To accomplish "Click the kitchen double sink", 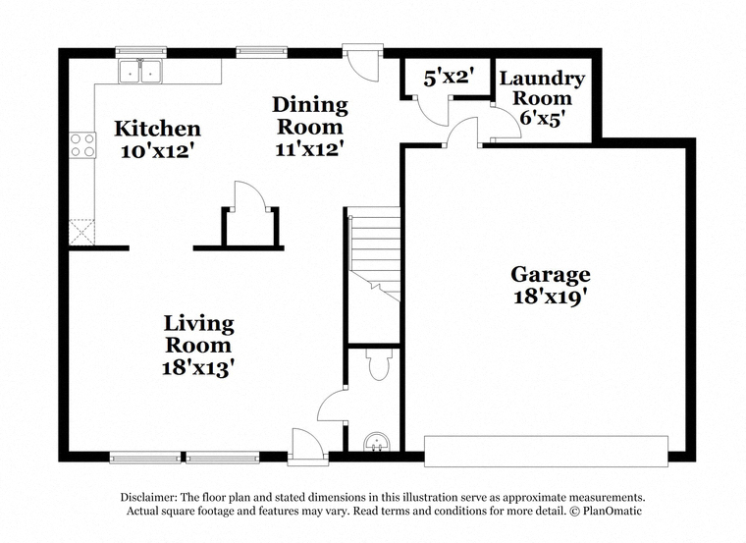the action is coord(140,72).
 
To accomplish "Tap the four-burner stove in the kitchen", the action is coord(82,145).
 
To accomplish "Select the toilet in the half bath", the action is coord(379,364).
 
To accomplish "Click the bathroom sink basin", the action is coord(378,442).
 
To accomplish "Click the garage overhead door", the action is coord(546,451).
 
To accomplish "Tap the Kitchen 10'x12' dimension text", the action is coord(158,151).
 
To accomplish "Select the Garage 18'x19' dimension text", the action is coord(551,297).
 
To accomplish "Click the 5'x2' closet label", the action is coord(450,78).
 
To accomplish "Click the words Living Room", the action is coord(198,335).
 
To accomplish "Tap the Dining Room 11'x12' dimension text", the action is coord(310,149).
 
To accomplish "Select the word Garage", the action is coord(551,275).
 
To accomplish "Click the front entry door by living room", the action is coord(307,446).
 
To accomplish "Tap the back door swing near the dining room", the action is coord(362,63).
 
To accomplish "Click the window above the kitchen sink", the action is coord(141,51).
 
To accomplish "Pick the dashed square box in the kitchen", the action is coord(82,233).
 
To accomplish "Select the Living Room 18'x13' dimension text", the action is coord(198,368).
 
